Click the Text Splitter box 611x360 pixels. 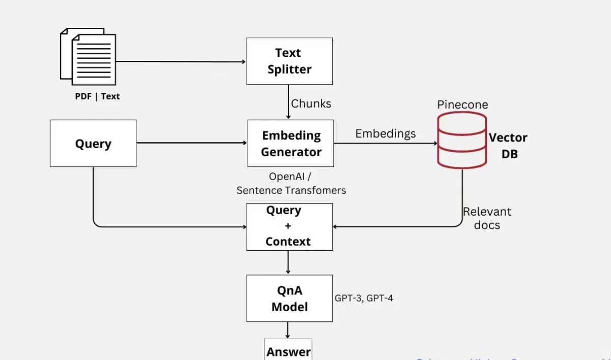[289, 61]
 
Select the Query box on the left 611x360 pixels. [93, 143]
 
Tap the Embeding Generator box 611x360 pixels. [290, 143]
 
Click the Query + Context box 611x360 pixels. [289, 227]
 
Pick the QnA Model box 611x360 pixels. [289, 298]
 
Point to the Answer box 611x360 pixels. [288, 350]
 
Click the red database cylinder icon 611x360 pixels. [462, 141]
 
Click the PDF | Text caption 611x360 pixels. [97, 96]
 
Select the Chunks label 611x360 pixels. [311, 104]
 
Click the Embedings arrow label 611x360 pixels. [385, 134]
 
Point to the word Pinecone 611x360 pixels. [462, 105]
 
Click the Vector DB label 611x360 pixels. [508, 145]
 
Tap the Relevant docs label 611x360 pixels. [487, 218]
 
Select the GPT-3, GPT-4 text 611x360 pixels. [363, 298]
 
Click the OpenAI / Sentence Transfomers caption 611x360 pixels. [291, 184]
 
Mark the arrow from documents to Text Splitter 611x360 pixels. [181, 62]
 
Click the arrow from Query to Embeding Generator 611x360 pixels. [191, 143]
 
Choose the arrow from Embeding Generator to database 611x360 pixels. [385, 143]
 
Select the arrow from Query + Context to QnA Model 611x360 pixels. [288, 262]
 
